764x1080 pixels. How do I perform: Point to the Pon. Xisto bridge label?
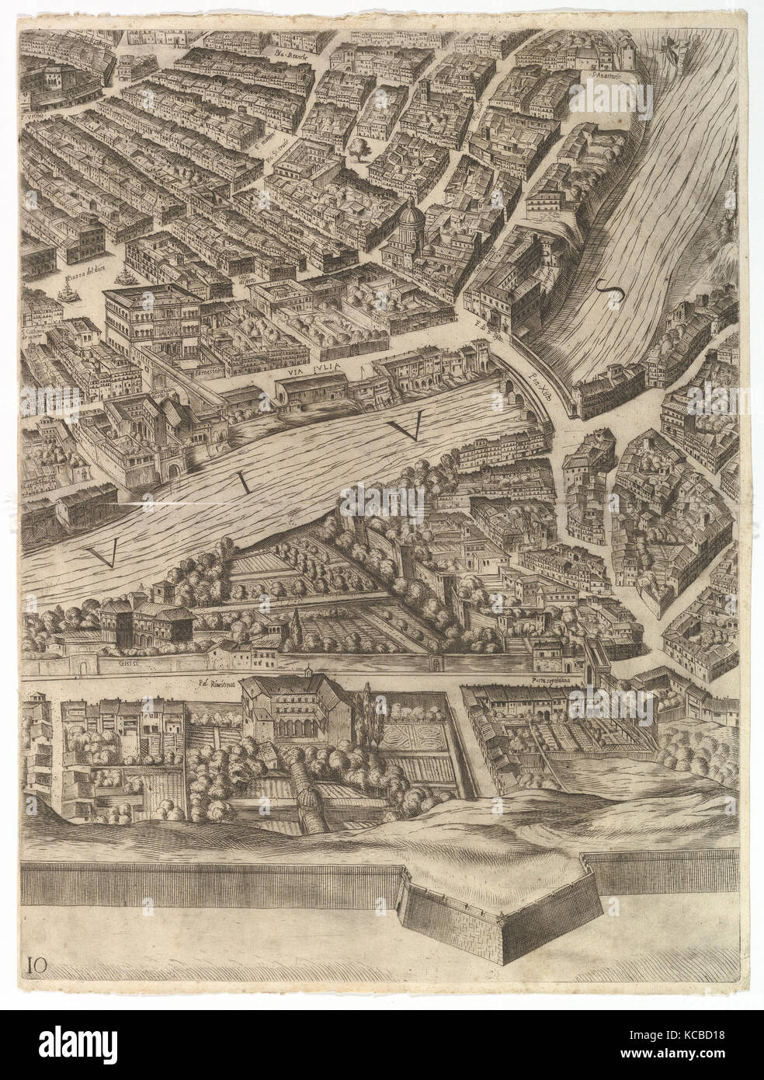540,382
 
